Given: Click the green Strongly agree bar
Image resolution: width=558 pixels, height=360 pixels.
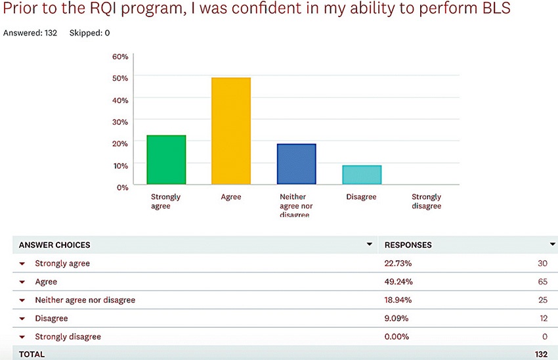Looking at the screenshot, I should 166,160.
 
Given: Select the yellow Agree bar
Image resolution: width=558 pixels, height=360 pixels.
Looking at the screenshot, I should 230,131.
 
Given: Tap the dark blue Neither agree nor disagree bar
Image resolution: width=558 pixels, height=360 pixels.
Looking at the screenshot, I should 296,164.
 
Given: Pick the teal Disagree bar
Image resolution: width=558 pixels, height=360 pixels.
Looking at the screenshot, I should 361,175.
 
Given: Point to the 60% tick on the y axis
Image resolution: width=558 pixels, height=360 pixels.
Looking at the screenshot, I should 120,56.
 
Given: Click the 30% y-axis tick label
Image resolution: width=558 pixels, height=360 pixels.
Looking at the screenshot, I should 120,122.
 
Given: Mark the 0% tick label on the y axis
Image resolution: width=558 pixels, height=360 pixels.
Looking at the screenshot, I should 123,187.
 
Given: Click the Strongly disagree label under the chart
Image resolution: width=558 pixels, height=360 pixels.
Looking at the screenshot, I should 426,201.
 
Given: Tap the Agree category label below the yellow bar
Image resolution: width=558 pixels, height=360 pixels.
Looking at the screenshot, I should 230,197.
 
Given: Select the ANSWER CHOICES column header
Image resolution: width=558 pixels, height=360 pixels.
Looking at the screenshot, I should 54,245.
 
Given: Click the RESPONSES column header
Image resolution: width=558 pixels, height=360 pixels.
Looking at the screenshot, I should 408,245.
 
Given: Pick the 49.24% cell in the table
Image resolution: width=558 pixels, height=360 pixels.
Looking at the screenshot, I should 398,282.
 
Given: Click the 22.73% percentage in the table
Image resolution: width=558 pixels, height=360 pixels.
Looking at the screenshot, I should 398,263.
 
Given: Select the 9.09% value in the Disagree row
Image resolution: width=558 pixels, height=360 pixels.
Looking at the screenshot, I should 396,319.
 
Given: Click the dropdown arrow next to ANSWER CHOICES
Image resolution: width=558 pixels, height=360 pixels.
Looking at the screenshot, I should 368,244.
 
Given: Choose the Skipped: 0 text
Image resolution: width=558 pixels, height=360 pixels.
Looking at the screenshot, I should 89,32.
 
